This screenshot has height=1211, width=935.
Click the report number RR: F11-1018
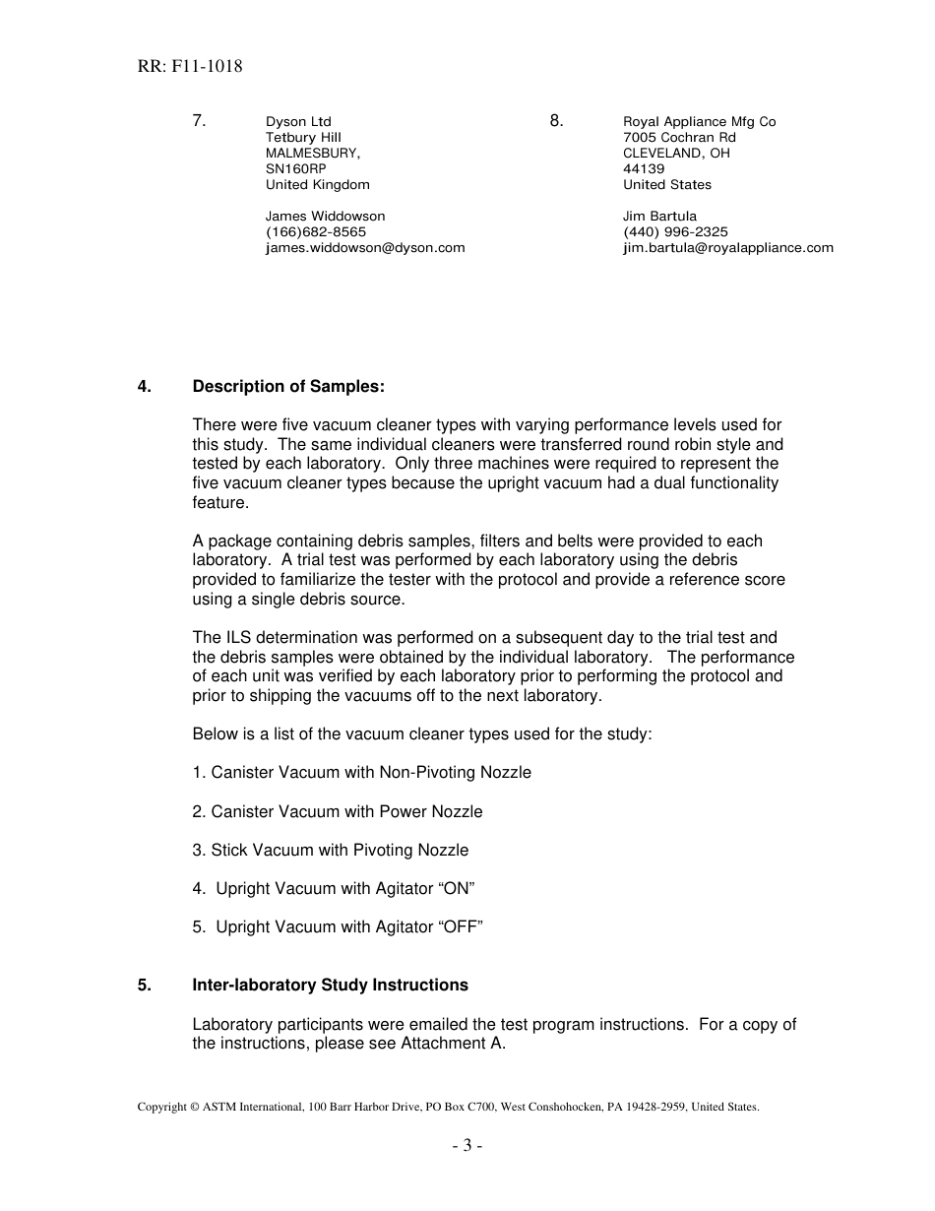[190, 67]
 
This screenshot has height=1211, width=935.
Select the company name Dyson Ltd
[298, 122]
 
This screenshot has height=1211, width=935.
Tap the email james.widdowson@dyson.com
[365, 248]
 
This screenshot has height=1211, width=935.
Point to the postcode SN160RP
[295, 169]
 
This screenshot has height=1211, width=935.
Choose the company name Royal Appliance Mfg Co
[699, 122]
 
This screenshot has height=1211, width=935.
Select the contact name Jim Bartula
[659, 217]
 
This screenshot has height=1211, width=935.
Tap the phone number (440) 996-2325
[675, 232]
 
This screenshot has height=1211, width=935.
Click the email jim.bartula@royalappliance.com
[727, 248]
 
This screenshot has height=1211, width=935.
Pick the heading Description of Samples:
[288, 387]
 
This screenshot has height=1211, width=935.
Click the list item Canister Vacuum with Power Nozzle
[338, 812]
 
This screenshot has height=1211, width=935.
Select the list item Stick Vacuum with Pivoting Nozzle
[331, 851]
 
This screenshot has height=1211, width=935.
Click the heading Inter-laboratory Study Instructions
[330, 986]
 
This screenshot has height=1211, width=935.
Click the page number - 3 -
[467, 1146]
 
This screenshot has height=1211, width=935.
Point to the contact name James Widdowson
[325, 217]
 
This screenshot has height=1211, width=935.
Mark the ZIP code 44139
[644, 169]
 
